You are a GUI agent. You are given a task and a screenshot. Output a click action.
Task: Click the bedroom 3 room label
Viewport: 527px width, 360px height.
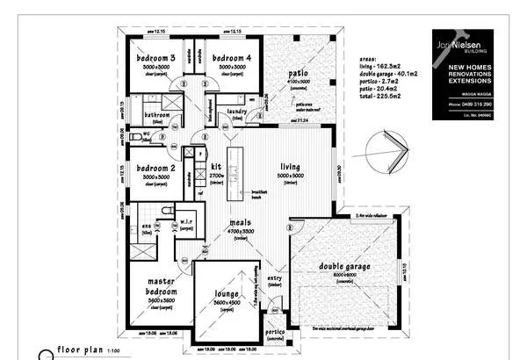[x=155, y=58]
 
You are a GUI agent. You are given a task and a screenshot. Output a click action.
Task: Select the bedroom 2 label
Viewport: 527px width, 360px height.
[x=155, y=167]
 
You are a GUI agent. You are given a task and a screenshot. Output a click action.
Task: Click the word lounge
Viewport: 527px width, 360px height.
[x=226, y=294]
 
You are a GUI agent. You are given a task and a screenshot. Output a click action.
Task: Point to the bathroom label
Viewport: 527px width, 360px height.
[x=156, y=115]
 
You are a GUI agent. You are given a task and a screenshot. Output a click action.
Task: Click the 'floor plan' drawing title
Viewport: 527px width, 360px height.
[x=80, y=349]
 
